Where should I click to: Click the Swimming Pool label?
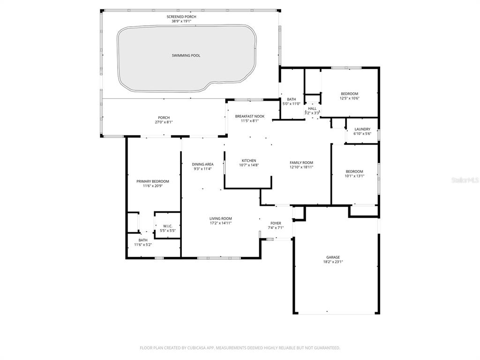click(x=186, y=55)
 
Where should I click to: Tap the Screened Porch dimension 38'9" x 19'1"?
click(x=181, y=21)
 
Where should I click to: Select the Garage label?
click(x=333, y=257)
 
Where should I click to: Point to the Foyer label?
click(x=276, y=223)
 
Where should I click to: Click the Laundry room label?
click(x=362, y=129)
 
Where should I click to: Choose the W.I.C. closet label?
click(x=168, y=226)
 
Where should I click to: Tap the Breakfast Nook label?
click(x=250, y=116)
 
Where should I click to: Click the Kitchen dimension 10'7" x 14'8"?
click(x=249, y=165)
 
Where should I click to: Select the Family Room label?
click(x=301, y=163)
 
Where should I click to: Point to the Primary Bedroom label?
click(x=153, y=181)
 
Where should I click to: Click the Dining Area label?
click(x=202, y=165)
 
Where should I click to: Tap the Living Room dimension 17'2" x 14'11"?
click(x=220, y=223)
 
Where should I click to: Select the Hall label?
click(x=312, y=109)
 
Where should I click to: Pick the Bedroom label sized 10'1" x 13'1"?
click(x=354, y=172)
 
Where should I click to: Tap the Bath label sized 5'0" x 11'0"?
click(x=292, y=99)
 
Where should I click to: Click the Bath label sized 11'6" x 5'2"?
click(x=142, y=240)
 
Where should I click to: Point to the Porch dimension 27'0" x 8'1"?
click(x=164, y=122)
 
